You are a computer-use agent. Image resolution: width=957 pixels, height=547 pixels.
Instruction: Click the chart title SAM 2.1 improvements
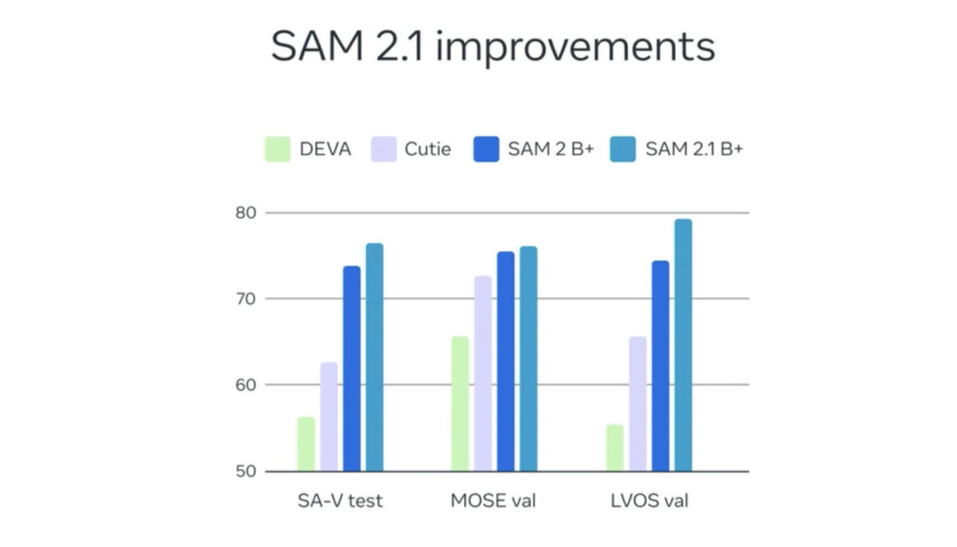[x=492, y=47]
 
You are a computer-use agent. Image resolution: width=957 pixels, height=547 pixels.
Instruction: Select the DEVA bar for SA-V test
[x=306, y=444]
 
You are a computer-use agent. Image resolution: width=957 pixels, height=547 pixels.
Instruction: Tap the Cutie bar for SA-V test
[x=329, y=416]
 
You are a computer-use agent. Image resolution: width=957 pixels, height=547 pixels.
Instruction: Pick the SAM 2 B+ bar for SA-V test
[x=352, y=368]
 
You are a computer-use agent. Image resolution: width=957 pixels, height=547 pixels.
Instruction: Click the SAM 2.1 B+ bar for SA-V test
[x=375, y=357]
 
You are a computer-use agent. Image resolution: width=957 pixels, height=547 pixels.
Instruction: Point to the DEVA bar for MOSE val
[x=460, y=403]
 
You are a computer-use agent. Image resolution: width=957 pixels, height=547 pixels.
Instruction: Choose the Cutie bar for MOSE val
[x=483, y=373]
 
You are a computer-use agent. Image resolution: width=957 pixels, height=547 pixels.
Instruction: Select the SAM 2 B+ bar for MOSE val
[x=506, y=361]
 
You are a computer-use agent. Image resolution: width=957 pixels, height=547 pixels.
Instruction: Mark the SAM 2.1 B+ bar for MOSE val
[x=529, y=359]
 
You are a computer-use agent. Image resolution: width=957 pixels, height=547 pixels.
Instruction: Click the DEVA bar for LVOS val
[x=614, y=447]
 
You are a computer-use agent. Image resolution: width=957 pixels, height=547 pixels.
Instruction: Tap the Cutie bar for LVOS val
[x=637, y=403]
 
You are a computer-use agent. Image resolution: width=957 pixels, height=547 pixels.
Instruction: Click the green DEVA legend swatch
[x=278, y=149]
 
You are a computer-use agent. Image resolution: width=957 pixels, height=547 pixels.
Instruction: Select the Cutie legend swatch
[x=384, y=149]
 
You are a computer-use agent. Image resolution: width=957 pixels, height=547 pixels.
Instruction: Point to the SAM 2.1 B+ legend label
[x=694, y=149]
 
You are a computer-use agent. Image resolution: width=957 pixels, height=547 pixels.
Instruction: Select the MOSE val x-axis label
[x=494, y=502]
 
